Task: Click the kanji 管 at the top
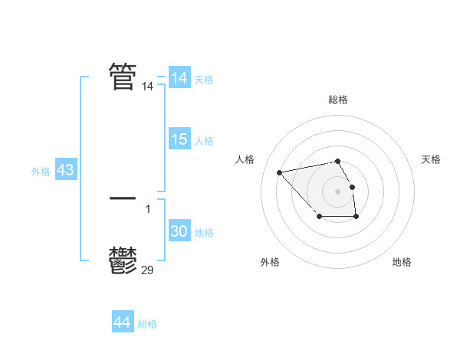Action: click(x=123, y=76)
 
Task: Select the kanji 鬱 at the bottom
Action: click(x=123, y=261)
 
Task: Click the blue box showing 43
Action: click(x=65, y=170)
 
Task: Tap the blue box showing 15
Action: click(x=179, y=139)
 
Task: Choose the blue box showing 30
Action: click(x=179, y=231)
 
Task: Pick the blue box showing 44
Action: click(x=122, y=322)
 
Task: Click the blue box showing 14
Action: click(x=179, y=78)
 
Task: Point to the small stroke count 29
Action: click(x=148, y=269)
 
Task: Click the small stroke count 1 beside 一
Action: click(x=148, y=208)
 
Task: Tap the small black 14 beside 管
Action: click(x=148, y=87)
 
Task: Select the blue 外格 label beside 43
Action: click(x=41, y=172)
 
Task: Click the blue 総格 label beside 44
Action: click(x=147, y=324)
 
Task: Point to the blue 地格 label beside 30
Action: click(x=204, y=233)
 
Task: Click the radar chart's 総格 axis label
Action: click(x=338, y=100)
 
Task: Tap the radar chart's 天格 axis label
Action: click(x=431, y=159)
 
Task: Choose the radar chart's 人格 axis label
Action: click(x=245, y=159)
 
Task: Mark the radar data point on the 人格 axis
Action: click(x=279, y=172)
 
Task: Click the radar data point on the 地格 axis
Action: click(x=356, y=218)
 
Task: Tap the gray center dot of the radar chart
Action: click(x=337, y=191)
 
